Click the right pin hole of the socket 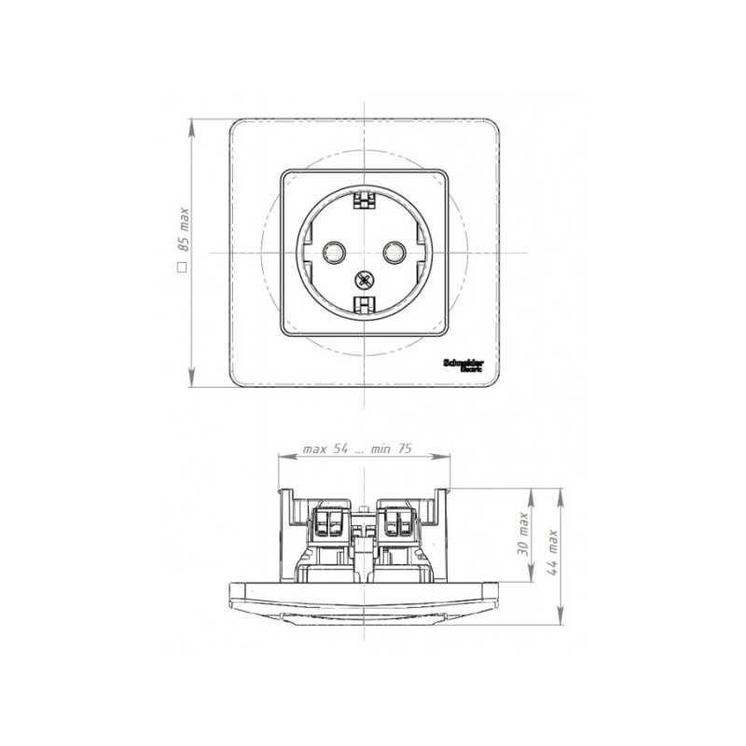tap(393, 250)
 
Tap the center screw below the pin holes tap(362, 277)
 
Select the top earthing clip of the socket tap(362, 198)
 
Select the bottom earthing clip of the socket tap(362, 303)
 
